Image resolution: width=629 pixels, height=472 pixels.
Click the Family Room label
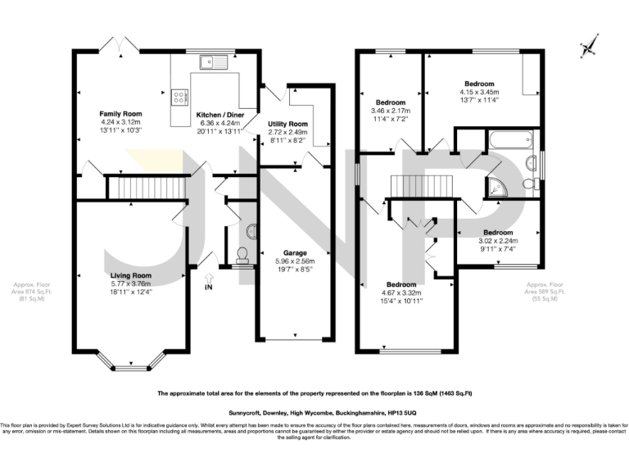click(121, 113)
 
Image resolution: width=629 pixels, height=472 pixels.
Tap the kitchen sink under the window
click(215, 60)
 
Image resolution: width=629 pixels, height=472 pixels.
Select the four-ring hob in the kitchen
click(178, 97)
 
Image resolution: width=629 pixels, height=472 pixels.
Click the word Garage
click(295, 252)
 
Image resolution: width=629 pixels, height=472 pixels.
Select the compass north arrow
click(586, 48)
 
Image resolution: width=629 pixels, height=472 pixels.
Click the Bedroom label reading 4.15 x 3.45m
click(479, 84)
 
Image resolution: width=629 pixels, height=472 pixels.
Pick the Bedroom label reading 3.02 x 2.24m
click(498, 232)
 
